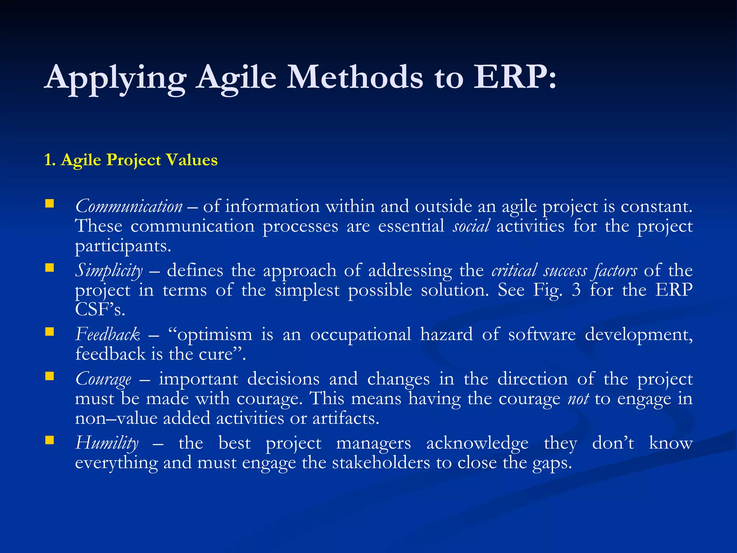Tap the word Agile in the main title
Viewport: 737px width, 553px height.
coord(236,78)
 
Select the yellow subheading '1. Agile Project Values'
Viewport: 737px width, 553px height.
coord(131,160)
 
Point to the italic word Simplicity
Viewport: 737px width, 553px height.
coord(109,271)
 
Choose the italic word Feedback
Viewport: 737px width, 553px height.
coord(107,334)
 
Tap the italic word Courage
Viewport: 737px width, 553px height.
coord(103,379)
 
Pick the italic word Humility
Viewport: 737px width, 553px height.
coord(107,443)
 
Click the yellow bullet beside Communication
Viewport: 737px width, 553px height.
coord(49,204)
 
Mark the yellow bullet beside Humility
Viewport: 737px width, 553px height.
coord(49,440)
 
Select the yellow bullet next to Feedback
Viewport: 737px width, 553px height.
coord(49,332)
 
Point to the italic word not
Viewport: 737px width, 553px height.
coord(578,399)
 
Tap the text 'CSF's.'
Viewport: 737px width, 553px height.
coord(100,310)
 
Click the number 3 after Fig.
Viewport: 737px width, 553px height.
coord(576,290)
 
